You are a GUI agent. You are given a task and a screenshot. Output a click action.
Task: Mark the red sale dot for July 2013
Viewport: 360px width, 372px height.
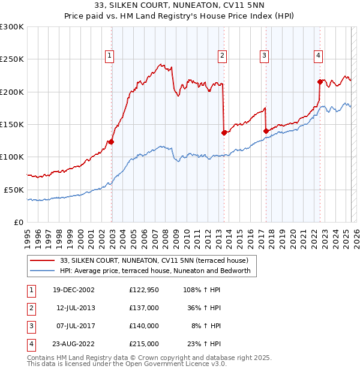pos(224,133)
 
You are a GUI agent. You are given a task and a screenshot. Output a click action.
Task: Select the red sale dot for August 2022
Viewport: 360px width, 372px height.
pos(320,82)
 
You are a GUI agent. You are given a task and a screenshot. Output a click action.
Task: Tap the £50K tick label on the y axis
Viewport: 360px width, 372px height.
pos(14,190)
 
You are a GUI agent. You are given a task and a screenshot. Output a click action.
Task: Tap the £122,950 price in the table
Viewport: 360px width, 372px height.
pos(143,290)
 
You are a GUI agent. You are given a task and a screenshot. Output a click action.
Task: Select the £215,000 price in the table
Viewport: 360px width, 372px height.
pos(143,344)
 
